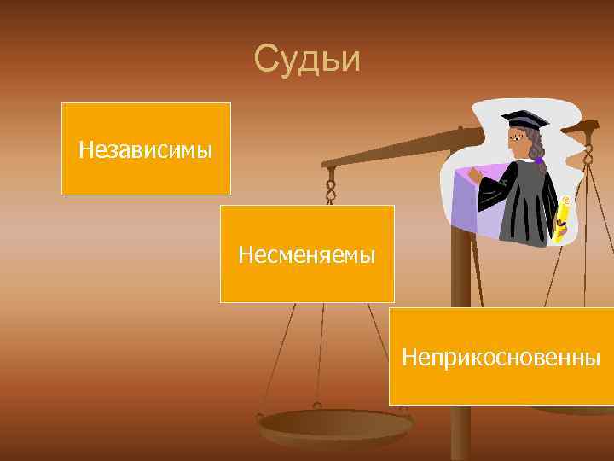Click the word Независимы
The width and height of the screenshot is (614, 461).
point(146,151)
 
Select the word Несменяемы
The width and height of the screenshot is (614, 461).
point(307,254)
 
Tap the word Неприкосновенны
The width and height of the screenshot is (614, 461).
point(501,356)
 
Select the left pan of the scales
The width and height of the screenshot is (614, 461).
point(335,423)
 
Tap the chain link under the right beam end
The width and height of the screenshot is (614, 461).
point(587,154)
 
